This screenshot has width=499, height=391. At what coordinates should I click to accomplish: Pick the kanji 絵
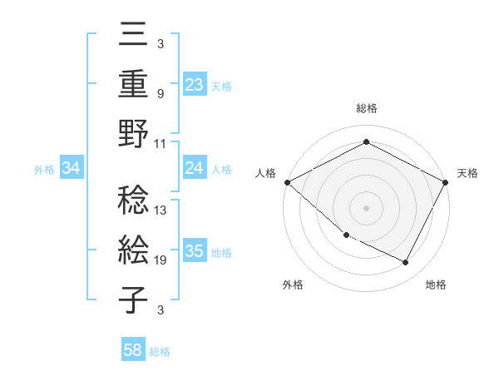click(x=134, y=250)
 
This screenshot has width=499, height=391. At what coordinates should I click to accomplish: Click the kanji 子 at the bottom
click(x=134, y=299)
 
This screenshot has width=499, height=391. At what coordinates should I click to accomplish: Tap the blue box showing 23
click(x=195, y=84)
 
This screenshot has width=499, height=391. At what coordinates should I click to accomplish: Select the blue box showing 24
click(x=195, y=168)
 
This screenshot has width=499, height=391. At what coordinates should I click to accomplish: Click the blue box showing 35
click(x=195, y=251)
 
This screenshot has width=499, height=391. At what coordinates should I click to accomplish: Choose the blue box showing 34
click(x=72, y=169)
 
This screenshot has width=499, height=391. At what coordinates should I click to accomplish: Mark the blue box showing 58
click(x=133, y=351)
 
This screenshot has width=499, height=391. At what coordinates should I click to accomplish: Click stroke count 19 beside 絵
click(x=161, y=260)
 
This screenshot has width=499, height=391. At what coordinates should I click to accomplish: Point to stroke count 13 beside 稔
click(x=161, y=210)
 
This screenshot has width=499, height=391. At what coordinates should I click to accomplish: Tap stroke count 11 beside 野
click(x=161, y=143)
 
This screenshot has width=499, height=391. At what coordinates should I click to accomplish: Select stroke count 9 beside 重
click(x=161, y=93)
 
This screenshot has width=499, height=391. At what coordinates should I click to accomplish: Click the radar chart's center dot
click(x=366, y=207)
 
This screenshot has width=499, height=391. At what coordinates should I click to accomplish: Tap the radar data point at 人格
click(x=287, y=182)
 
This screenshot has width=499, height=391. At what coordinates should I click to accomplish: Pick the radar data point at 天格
click(x=446, y=182)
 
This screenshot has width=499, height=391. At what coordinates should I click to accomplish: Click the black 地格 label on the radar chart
click(x=436, y=285)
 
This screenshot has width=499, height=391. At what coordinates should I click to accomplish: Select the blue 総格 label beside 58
click(x=160, y=352)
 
